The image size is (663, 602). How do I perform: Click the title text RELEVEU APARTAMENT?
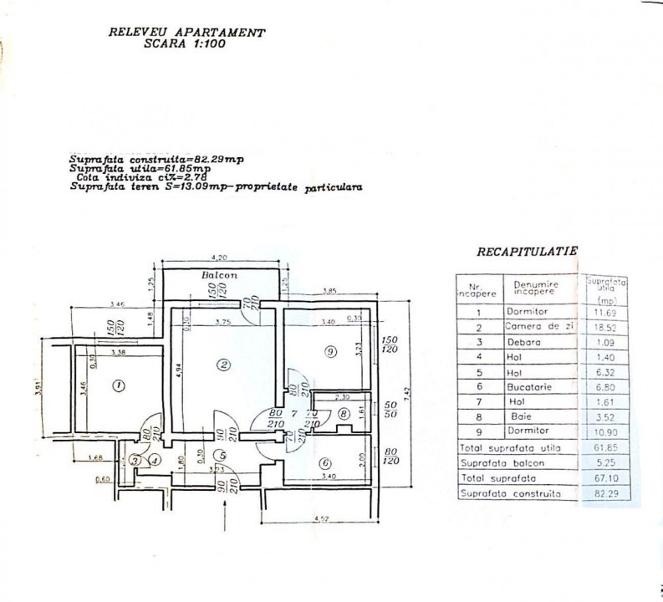click(187, 33)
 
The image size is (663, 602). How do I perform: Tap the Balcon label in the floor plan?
click(220, 273)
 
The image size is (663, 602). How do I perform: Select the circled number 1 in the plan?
click(117, 385)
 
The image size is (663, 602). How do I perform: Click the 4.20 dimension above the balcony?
click(219, 257)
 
